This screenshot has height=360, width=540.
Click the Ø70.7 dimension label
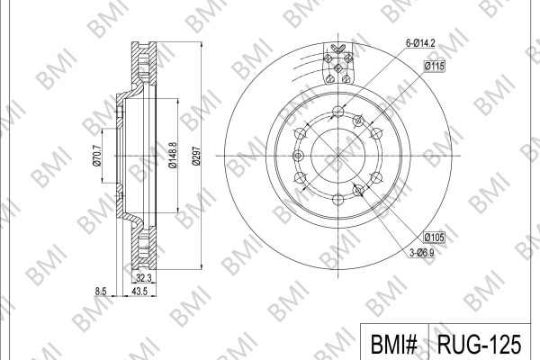tap(97, 156)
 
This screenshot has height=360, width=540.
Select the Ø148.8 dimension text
tap(173, 156)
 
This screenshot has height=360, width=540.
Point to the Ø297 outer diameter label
tap(196, 156)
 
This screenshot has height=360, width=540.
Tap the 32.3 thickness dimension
tap(144, 278)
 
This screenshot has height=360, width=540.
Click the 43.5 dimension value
tap(139, 292)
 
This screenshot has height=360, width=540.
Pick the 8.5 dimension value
tap(101, 292)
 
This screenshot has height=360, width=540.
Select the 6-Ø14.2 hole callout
tap(420, 43)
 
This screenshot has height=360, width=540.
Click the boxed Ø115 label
tap(435, 66)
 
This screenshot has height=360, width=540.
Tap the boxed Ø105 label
tap(435, 237)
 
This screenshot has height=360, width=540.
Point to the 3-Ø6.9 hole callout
tap(422, 253)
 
